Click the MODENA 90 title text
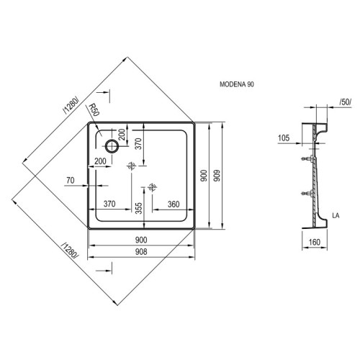click(x=237, y=84)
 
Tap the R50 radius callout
click(x=94, y=110)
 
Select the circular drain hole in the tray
click(x=112, y=146)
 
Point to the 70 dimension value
click(x=71, y=180)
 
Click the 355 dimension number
click(x=139, y=208)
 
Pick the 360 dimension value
click(x=174, y=204)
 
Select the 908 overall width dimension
click(x=141, y=252)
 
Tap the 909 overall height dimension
click(x=217, y=176)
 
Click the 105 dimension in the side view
click(x=284, y=138)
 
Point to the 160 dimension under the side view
click(x=315, y=242)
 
